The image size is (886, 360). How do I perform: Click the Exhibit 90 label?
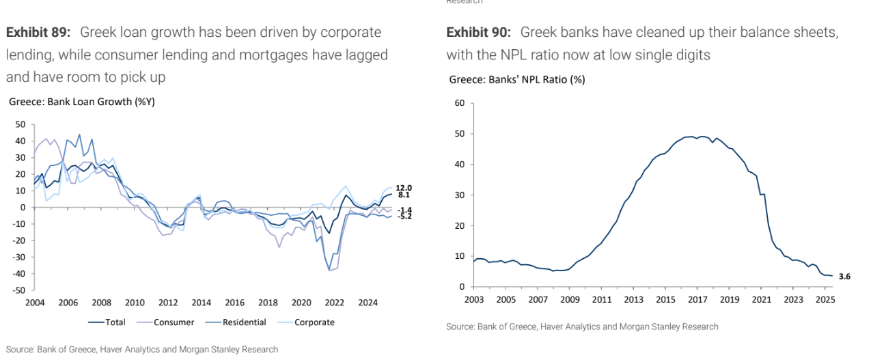pos(479,32)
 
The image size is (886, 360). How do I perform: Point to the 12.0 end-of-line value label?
pos(404,187)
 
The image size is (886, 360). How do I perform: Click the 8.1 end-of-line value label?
pos(404,195)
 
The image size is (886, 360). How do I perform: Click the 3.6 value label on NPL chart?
pos(844,277)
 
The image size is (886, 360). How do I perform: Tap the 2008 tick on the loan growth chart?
pos(100,303)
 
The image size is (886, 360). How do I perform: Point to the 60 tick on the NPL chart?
pos(459,103)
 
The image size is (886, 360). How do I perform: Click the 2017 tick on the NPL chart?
pos(697,300)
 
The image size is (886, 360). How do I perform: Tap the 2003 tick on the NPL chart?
pos(473,300)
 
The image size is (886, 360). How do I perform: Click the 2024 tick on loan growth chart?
pos(368,303)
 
